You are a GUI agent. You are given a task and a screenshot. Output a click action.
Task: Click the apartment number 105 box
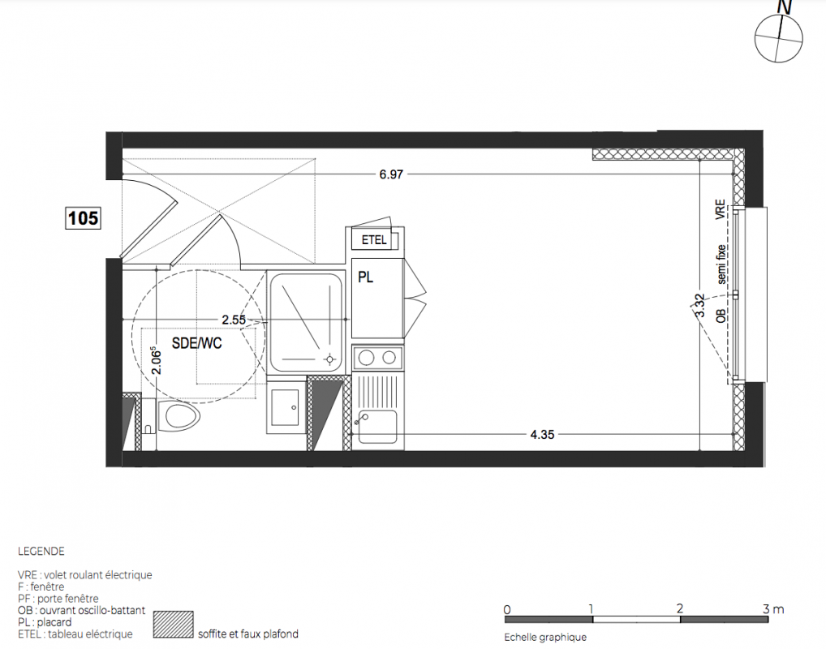[84, 217]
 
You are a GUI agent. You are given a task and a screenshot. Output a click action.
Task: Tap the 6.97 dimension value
[391, 174]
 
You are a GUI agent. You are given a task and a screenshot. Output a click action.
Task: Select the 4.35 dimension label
[542, 435]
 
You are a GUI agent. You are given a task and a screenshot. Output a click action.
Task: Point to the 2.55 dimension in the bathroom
[234, 320]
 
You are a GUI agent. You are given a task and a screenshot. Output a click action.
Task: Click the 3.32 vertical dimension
[700, 305]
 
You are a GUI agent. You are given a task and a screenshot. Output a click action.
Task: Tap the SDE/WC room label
[196, 343]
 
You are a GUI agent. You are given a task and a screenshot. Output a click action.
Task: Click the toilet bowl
[183, 415]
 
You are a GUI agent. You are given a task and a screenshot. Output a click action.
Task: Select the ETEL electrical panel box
[375, 240]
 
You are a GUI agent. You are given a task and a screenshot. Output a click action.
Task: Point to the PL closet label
[366, 277]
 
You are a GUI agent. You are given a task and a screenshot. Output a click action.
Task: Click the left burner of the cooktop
[366, 358]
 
